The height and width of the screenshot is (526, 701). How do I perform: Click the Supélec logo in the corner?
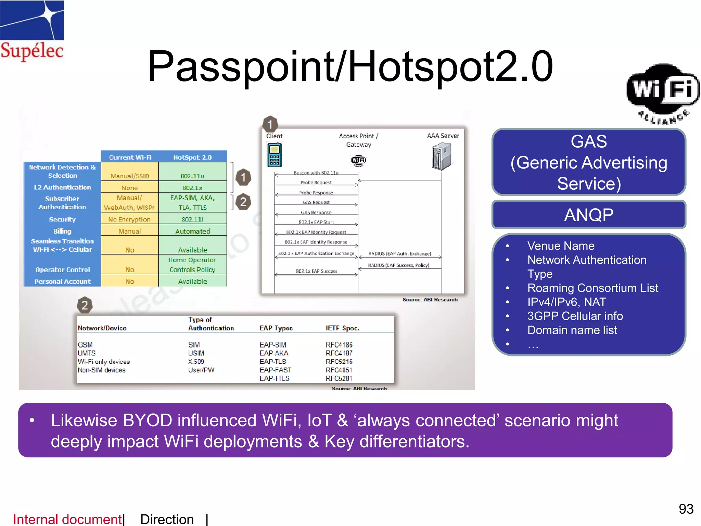point(32,31)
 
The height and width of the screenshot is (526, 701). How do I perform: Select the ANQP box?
point(588,215)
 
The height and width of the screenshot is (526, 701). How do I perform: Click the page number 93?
point(686,509)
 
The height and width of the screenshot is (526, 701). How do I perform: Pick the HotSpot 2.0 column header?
point(192,157)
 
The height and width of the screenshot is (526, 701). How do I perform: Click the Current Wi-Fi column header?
point(130,157)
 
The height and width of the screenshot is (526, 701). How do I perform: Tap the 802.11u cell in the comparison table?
point(192,176)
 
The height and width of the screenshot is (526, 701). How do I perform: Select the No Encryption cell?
point(129,219)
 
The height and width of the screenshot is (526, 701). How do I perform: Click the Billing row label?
point(62,231)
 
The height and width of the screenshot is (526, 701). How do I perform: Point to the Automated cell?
point(192,231)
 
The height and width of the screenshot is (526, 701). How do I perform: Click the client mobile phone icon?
point(274,155)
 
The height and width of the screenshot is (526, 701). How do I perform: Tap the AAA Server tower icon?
point(442,156)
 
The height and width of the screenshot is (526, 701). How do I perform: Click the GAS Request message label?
point(316,202)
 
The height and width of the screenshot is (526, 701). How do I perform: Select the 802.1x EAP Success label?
point(316,271)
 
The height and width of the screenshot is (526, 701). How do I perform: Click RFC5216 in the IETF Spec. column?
point(339,362)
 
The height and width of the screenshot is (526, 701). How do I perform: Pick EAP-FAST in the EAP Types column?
point(275,370)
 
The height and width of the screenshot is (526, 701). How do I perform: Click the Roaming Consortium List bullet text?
point(592,288)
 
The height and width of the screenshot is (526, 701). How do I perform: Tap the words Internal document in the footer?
point(67,519)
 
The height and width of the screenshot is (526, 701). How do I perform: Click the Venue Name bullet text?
point(561,246)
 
